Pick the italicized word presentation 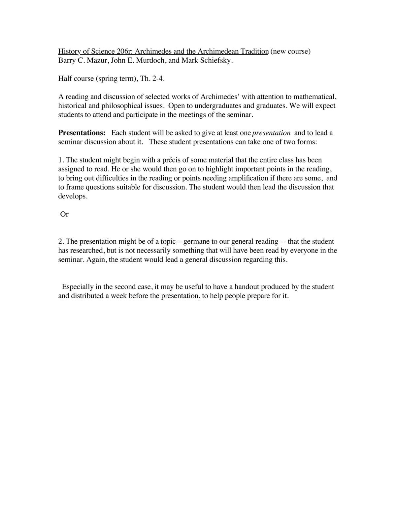(x=271, y=133)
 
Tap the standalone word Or (x=64, y=214)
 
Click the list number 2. (x=61, y=241)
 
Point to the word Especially (x=78, y=287)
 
